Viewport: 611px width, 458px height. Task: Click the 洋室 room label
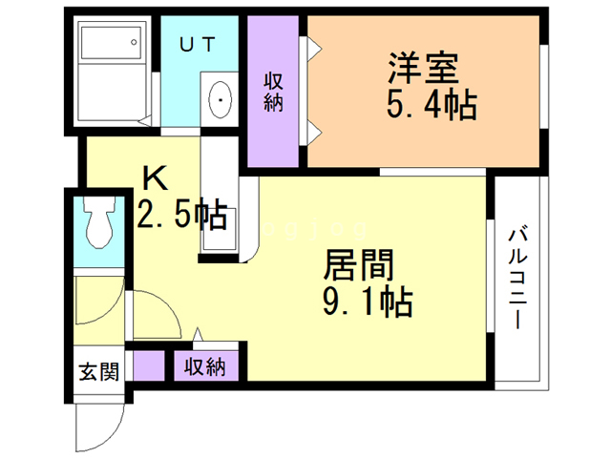(x=425, y=68)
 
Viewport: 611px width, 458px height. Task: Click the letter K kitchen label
(x=155, y=177)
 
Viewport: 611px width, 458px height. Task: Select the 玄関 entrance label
(x=99, y=369)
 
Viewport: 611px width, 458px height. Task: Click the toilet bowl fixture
(x=97, y=225)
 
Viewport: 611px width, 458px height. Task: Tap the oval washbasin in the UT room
(x=221, y=97)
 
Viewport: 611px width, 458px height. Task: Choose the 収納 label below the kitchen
(x=205, y=366)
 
